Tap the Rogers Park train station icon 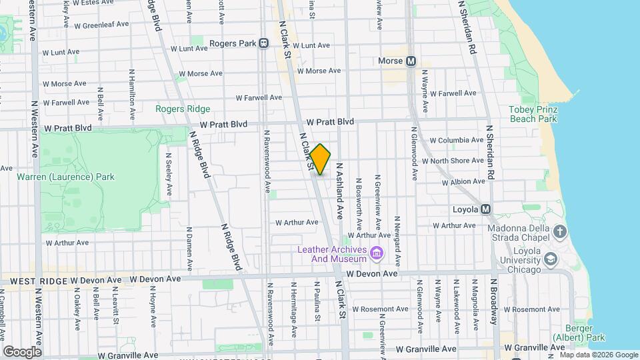coord(264,43)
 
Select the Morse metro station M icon coord(411,61)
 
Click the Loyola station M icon coord(486,209)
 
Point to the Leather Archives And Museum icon coord(377,254)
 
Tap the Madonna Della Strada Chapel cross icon coord(560,231)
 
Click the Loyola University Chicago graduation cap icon coord(551,258)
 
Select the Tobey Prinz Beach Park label coord(532,114)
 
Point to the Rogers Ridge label coord(183,109)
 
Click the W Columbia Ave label coord(457,141)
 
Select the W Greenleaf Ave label coord(101,25)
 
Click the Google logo coord(21,351)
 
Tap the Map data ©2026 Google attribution coord(598,355)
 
